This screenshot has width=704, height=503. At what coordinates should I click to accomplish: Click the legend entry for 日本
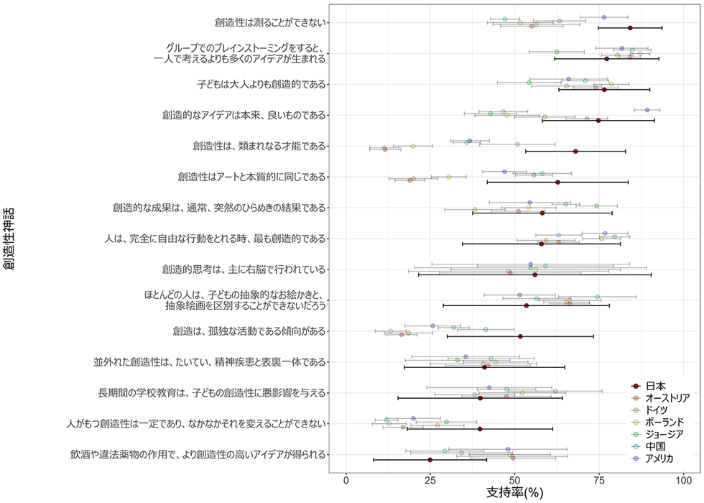[x=654, y=385]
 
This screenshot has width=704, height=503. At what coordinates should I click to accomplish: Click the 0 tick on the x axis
[x=346, y=479]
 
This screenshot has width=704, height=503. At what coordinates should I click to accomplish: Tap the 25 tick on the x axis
[x=430, y=479]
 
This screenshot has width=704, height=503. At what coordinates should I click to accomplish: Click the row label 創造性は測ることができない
[x=270, y=23]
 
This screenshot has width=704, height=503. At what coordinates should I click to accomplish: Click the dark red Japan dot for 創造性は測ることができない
[x=630, y=28]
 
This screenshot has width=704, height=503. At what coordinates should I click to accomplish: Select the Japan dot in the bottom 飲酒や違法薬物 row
[x=430, y=459]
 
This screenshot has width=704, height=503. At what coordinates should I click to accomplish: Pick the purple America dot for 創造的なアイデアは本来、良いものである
[x=647, y=110]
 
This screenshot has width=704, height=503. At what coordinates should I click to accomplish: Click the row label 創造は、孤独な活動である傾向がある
[x=249, y=331]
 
